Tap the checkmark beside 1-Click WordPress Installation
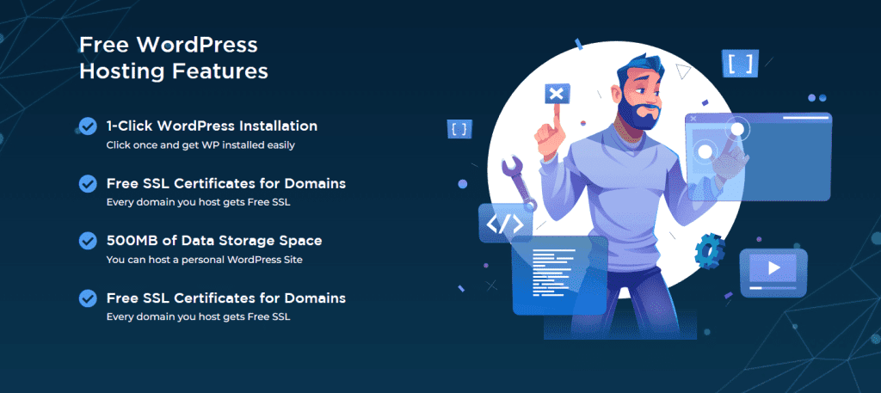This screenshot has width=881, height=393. [88, 126]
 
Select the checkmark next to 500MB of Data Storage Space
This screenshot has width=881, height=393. [88, 240]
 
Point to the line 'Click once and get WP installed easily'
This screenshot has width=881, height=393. [200, 145]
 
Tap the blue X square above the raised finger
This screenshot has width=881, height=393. [557, 93]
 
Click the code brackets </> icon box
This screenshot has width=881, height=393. [505, 224]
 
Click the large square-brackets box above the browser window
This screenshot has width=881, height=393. [740, 62]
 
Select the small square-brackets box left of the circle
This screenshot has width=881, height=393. [459, 130]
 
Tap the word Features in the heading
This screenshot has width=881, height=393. [225, 71]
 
